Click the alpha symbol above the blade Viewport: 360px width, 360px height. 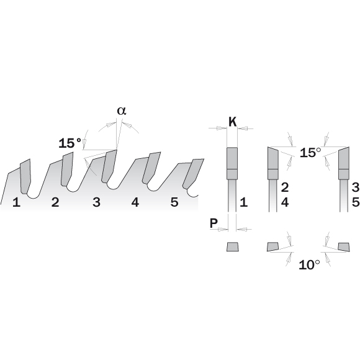pos(122,110)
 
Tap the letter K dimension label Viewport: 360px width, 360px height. pos(233,122)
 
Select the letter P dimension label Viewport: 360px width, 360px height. pos(214,223)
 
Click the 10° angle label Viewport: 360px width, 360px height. pos(309,265)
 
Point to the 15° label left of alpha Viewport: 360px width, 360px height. pos(70,143)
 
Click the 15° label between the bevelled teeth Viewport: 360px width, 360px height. pos(310,153)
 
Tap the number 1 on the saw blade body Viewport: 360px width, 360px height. pos(16,202)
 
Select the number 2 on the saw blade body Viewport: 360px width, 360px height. pos(55,202)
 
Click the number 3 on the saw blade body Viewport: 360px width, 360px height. pos(96,202)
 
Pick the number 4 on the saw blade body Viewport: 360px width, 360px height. pos(135,202)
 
